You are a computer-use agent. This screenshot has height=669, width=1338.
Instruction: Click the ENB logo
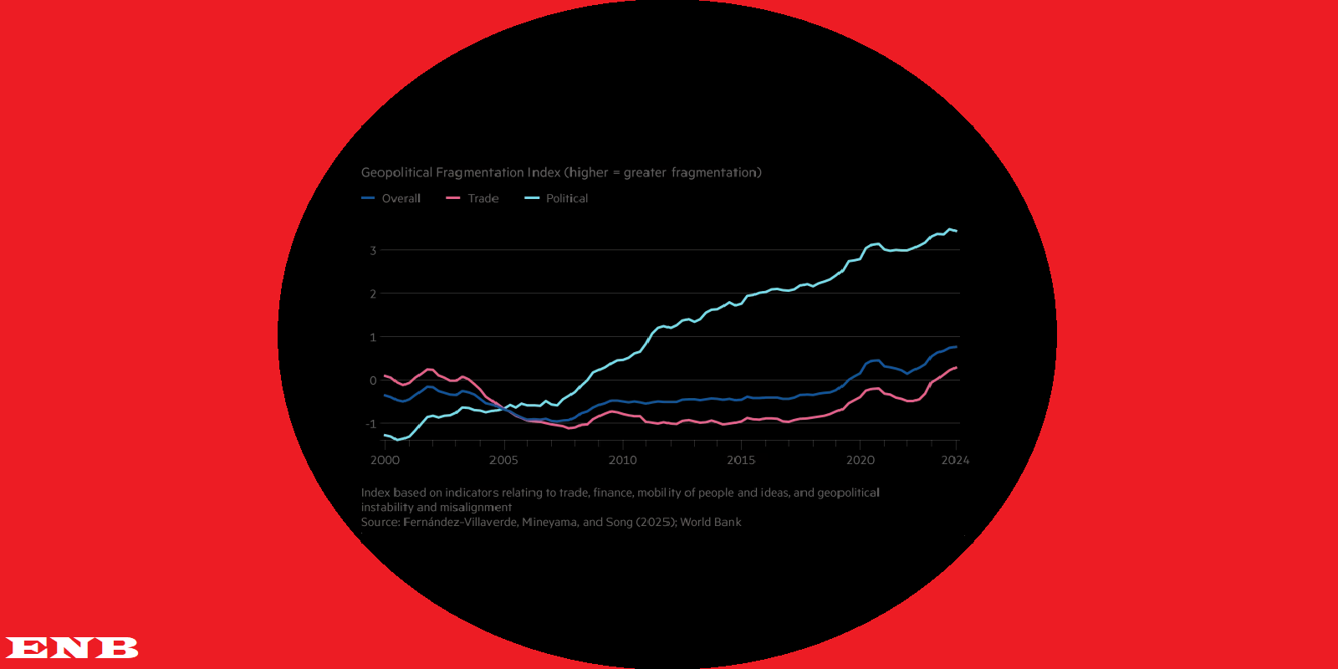coord(71,647)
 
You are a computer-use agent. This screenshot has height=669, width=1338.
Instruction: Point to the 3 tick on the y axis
coord(373,250)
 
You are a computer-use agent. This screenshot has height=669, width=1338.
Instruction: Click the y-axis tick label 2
coord(373,294)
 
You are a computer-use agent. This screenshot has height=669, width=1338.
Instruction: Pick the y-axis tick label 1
coord(373,337)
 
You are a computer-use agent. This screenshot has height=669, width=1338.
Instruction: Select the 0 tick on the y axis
coord(373,380)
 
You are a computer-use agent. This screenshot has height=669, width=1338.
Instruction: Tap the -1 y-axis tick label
coord(370,424)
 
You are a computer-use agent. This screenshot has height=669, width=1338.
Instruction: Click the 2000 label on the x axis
coord(385,460)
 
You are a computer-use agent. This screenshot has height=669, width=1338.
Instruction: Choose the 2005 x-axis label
coord(503,460)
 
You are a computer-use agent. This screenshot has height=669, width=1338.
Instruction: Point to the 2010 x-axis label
coord(622,460)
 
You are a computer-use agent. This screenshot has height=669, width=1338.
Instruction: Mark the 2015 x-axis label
coord(741,460)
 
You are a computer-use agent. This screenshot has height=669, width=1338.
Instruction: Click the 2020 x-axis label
coord(861,460)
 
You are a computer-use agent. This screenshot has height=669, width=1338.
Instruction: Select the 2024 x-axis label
coord(955,460)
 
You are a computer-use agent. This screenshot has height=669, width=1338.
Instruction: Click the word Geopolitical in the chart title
coord(396,172)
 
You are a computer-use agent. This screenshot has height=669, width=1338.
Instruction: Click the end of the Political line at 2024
coord(956,231)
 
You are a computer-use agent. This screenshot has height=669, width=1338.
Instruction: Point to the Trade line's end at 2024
coord(956,368)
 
